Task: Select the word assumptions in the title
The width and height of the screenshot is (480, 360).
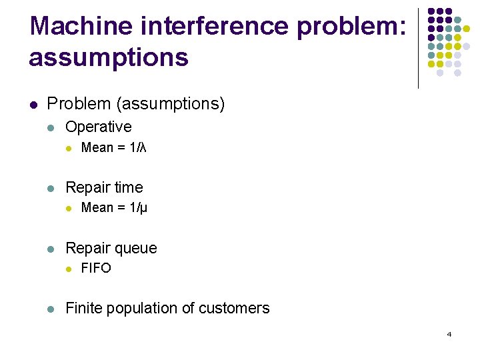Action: tap(109, 58)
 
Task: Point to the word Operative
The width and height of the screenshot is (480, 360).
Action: tap(99, 127)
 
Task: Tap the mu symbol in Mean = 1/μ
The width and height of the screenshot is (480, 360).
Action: tap(143, 208)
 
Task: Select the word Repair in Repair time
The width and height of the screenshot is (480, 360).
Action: tap(88, 187)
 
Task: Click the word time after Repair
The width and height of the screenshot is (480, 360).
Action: tap(129, 187)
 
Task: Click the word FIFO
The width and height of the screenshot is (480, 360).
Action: tap(96, 268)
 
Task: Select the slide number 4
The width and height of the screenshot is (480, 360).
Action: tap(449, 334)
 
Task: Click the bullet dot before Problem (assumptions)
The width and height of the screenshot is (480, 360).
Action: tap(33, 104)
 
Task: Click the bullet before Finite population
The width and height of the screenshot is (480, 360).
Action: tap(51, 309)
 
